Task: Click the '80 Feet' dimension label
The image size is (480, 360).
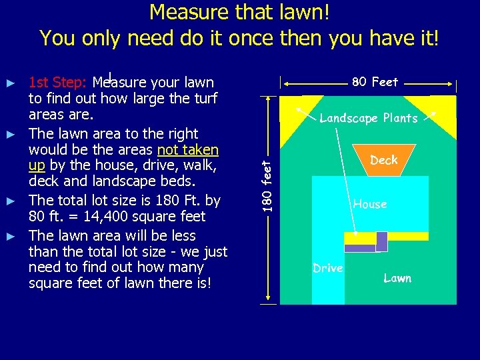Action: (x=375, y=82)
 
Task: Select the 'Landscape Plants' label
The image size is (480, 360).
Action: (x=369, y=119)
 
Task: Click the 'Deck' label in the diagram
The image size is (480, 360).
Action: (x=383, y=160)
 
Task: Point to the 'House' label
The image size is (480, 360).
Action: (x=370, y=204)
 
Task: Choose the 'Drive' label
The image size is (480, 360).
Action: (x=328, y=268)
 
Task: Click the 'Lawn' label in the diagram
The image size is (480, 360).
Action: (x=397, y=278)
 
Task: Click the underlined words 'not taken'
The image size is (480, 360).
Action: (x=187, y=150)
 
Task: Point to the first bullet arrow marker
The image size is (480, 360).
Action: (x=10, y=83)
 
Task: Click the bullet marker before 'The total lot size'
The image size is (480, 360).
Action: (x=10, y=200)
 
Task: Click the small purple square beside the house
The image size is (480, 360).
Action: (x=381, y=241)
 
